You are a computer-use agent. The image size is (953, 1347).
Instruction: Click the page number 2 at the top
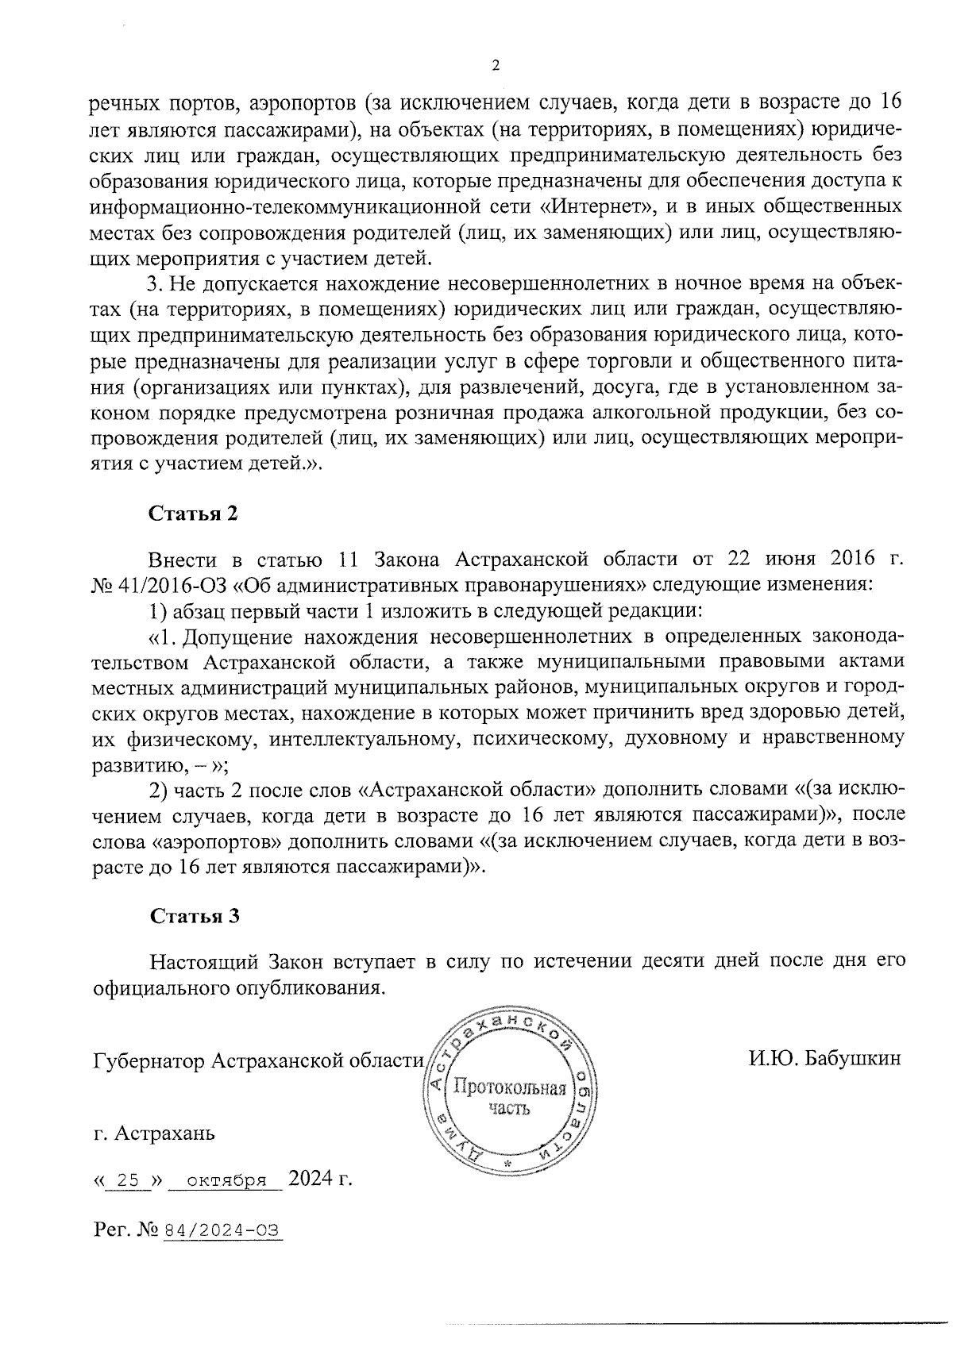496,66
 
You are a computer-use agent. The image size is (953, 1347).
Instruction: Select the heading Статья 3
194,916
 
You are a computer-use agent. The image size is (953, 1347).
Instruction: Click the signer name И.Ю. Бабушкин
824,1059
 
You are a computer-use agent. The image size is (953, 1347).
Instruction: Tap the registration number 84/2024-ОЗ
222,1230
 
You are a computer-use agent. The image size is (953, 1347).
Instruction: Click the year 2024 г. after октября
320,1179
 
